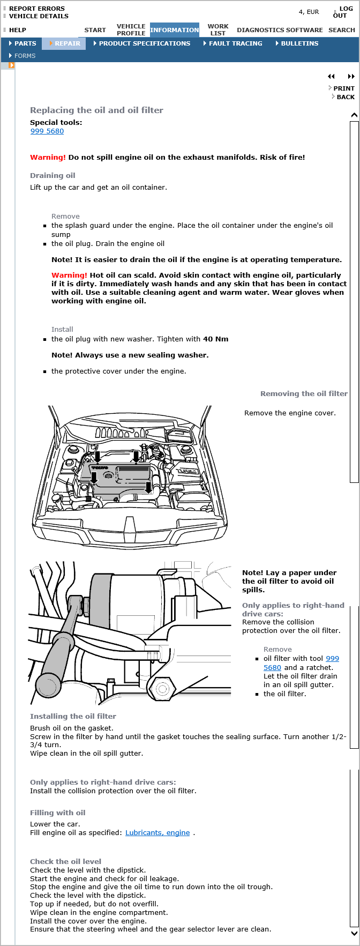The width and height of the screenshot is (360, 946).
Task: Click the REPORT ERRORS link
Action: (36, 9)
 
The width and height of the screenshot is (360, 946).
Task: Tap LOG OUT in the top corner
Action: (342, 12)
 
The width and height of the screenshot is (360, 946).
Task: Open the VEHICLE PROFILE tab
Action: (131, 29)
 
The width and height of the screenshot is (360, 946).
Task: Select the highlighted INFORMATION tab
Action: (174, 30)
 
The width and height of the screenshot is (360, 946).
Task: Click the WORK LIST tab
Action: (217, 29)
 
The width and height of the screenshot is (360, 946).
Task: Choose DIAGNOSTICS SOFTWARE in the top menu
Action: (280, 30)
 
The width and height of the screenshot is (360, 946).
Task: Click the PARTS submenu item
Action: (25, 43)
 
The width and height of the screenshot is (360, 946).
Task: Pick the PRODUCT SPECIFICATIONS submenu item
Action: (144, 43)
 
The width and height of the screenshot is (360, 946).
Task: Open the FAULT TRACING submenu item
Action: (235, 43)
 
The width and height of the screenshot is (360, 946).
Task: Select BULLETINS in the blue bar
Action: (299, 43)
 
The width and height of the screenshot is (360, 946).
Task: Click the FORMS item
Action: (25, 56)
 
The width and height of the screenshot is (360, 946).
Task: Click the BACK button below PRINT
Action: (346, 97)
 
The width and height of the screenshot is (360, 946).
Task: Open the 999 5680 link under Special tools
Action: (47, 131)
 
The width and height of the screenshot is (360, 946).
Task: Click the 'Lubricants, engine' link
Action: (157, 832)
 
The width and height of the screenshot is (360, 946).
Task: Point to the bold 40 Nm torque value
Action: (215, 339)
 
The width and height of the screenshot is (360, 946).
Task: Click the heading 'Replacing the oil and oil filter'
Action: (96, 110)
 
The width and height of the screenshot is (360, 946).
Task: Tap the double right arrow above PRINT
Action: (351, 77)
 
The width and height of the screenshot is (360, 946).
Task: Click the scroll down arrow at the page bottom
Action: (354, 933)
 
